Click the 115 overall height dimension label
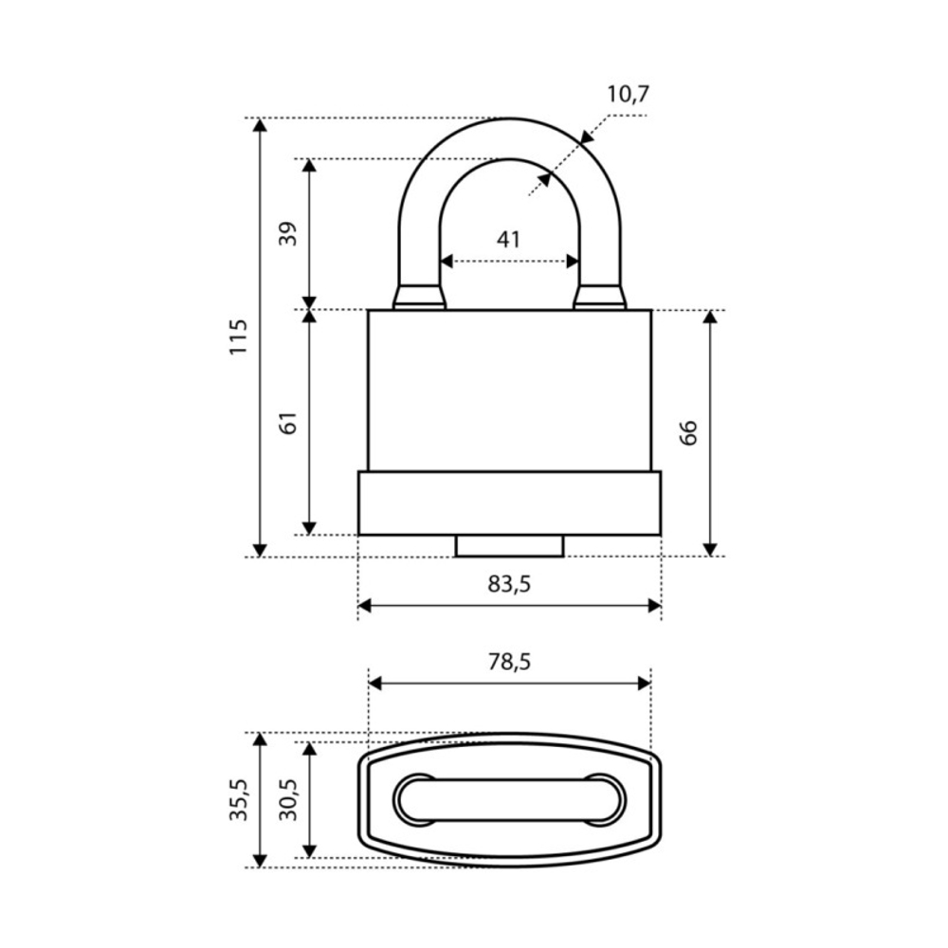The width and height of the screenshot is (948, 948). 239,337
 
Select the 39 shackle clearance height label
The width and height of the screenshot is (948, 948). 288,233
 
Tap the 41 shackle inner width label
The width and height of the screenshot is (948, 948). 508,240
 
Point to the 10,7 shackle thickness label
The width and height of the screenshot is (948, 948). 629,94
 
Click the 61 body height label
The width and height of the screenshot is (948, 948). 288,423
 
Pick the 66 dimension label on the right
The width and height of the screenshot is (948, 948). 688,433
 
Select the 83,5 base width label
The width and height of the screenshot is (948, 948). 509,584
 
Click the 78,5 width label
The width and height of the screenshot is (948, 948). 509,662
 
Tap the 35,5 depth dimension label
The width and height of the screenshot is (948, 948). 239,800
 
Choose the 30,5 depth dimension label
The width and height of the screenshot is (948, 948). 288,800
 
